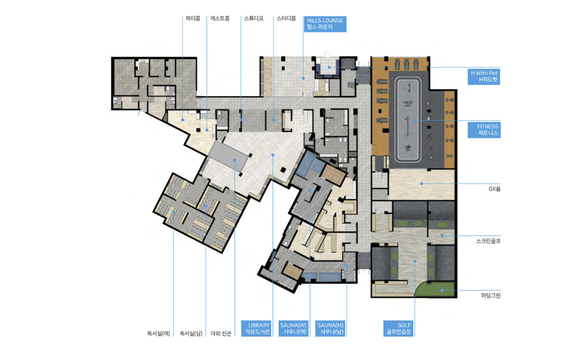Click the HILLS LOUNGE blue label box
(x=325, y=24)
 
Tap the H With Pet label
(x=483, y=76)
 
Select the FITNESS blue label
(x=484, y=130)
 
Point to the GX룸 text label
(x=494, y=189)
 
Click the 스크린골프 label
(x=488, y=241)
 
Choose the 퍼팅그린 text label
(x=491, y=296)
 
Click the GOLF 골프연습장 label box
(x=398, y=328)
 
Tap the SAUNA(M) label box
(x=330, y=328)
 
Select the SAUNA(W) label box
(x=293, y=328)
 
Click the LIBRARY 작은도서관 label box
(x=257, y=328)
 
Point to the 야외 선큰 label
(x=221, y=334)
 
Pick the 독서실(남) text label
(x=191, y=334)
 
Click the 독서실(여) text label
(x=158, y=334)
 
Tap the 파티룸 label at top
(x=193, y=19)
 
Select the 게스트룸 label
(x=220, y=19)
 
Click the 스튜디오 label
(x=254, y=19)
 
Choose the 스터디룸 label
(x=286, y=19)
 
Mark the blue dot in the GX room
(x=422, y=184)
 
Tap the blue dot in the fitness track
(x=415, y=120)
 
